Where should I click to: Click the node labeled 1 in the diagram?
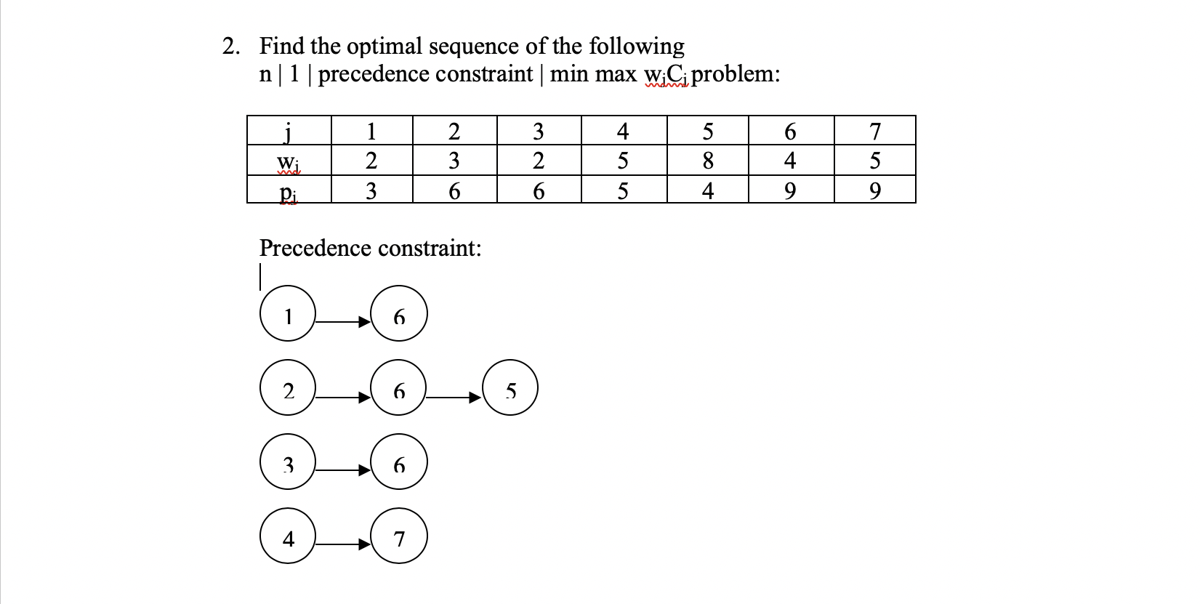[288, 314]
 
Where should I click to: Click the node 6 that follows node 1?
[399, 314]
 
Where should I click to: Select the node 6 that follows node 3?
[399, 462]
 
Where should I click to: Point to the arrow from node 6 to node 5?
[454, 397]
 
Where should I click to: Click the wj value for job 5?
[707, 160]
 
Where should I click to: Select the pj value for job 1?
[371, 190]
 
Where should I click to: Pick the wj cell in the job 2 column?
[454, 160]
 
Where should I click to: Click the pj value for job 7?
[874, 190]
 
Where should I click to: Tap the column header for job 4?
[623, 131]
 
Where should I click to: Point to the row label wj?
[288, 161]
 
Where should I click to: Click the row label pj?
[288, 191]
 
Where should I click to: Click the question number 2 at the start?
[230, 47]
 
